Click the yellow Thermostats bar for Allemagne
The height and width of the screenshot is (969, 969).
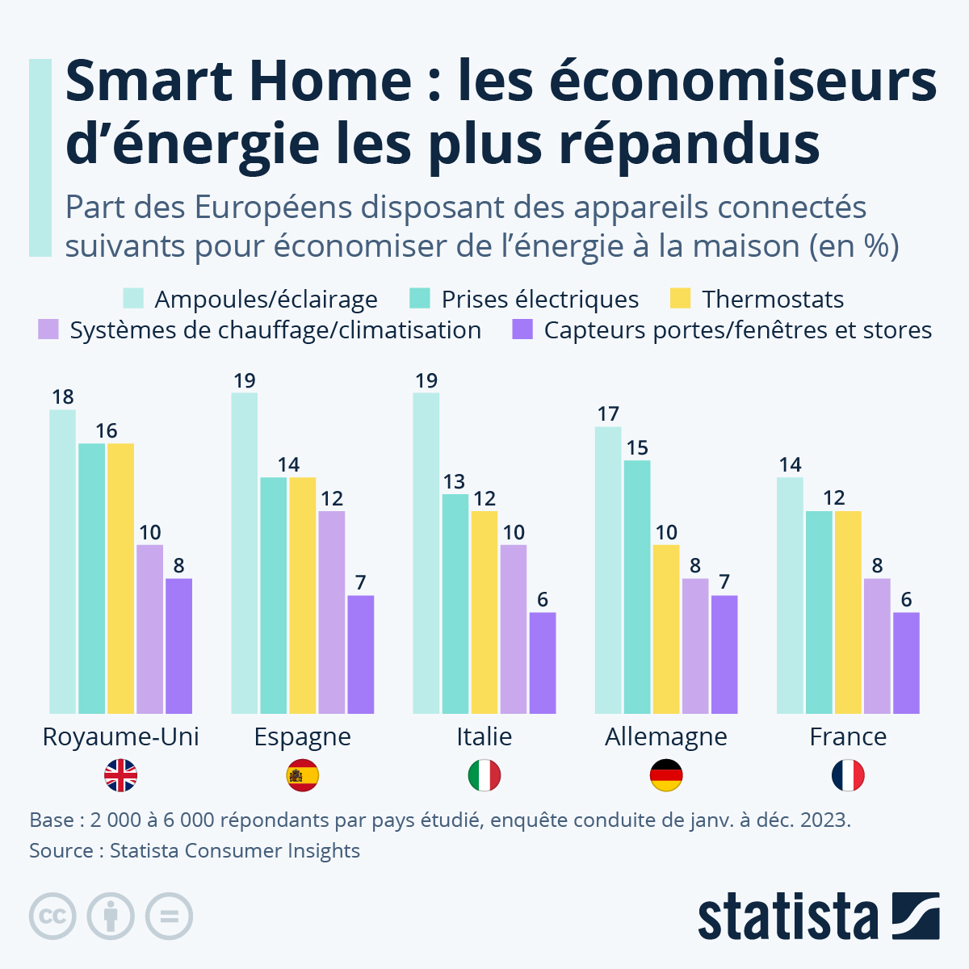pyautogui.click(x=666, y=629)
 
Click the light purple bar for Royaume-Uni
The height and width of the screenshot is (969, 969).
pyautogui.click(x=150, y=629)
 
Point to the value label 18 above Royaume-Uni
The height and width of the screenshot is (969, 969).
pyautogui.click(x=63, y=396)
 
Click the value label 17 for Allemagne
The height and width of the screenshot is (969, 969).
pyautogui.click(x=608, y=413)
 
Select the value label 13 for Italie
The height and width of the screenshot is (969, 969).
pyautogui.click(x=455, y=481)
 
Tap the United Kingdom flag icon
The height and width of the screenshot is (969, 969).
pyautogui.click(x=121, y=776)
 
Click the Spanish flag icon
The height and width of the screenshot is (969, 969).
pyautogui.click(x=303, y=776)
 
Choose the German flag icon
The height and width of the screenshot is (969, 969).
pyautogui.click(x=666, y=776)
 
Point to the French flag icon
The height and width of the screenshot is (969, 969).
pyautogui.click(x=848, y=776)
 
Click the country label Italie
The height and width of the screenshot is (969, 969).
pyautogui.click(x=484, y=736)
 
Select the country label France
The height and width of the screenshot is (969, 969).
pyautogui.click(x=848, y=736)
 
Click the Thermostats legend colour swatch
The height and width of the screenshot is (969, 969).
pyautogui.click(x=681, y=299)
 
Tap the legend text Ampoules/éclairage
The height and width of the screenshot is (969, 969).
pyautogui.click(x=266, y=300)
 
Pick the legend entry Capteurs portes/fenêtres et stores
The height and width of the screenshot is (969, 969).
pyautogui.click(x=737, y=330)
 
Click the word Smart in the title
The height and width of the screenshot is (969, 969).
pyautogui.click(x=149, y=81)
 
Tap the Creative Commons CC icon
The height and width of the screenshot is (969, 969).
pyautogui.click(x=52, y=917)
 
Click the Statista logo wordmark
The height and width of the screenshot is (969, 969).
pyautogui.click(x=787, y=917)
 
